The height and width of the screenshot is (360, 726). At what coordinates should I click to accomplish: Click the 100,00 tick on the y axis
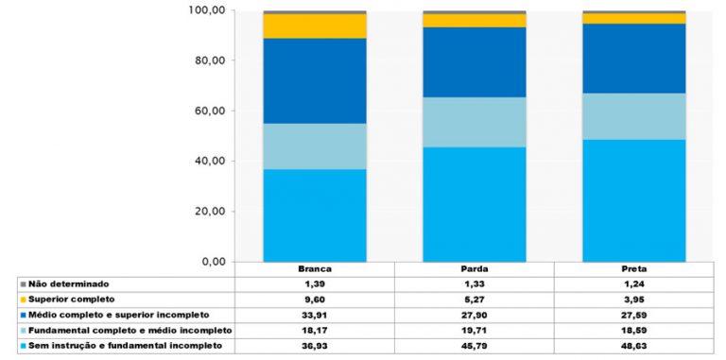pos(208,10)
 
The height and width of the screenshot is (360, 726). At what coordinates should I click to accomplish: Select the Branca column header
pos(315,269)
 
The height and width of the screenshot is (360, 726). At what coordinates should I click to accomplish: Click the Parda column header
pos(475,269)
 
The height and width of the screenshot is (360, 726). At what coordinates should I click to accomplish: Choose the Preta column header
pos(633,269)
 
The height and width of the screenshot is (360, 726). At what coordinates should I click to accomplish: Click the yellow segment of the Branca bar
pos(315,26)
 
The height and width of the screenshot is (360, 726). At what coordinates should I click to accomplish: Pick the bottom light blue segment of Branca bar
pos(315,215)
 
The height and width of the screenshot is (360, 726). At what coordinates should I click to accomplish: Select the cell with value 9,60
pos(315,299)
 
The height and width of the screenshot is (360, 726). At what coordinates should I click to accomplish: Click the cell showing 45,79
pos(475,346)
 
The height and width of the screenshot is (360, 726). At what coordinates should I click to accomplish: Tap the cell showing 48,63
pos(633,346)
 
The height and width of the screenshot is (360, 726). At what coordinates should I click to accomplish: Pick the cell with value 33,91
pos(315,314)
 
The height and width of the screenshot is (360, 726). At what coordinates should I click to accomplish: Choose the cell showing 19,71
pos(475,330)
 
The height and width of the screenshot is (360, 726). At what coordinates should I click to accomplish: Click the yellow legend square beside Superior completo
pos(23,299)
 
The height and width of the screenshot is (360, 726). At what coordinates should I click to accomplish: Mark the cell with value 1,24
pos(633,283)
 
